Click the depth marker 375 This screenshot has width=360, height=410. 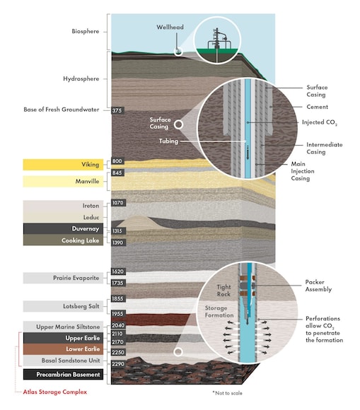[x=117, y=110]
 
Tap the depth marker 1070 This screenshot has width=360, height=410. [x=118, y=203]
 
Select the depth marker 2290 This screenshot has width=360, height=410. [x=118, y=364]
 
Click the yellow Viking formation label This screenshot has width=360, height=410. [x=63, y=165]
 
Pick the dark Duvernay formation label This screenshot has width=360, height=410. [x=63, y=229]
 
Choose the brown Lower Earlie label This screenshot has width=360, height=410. [x=63, y=349]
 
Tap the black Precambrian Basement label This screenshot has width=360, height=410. [x=63, y=375]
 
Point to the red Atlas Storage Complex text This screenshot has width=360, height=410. [x=55, y=392]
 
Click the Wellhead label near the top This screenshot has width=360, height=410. [x=170, y=27]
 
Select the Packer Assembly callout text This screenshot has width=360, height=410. [x=318, y=286]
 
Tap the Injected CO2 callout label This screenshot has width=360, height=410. [x=320, y=122]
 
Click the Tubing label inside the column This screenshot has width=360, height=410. [x=169, y=141]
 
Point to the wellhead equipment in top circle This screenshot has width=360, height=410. [x=217, y=39]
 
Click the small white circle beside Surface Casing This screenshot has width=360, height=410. [x=178, y=124]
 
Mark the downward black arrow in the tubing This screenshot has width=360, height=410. [x=248, y=153]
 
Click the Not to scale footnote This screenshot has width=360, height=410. [x=227, y=393]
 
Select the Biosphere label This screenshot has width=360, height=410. [x=86, y=31]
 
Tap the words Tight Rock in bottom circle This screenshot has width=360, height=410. [x=223, y=291]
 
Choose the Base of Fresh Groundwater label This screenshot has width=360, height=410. [x=62, y=110]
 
